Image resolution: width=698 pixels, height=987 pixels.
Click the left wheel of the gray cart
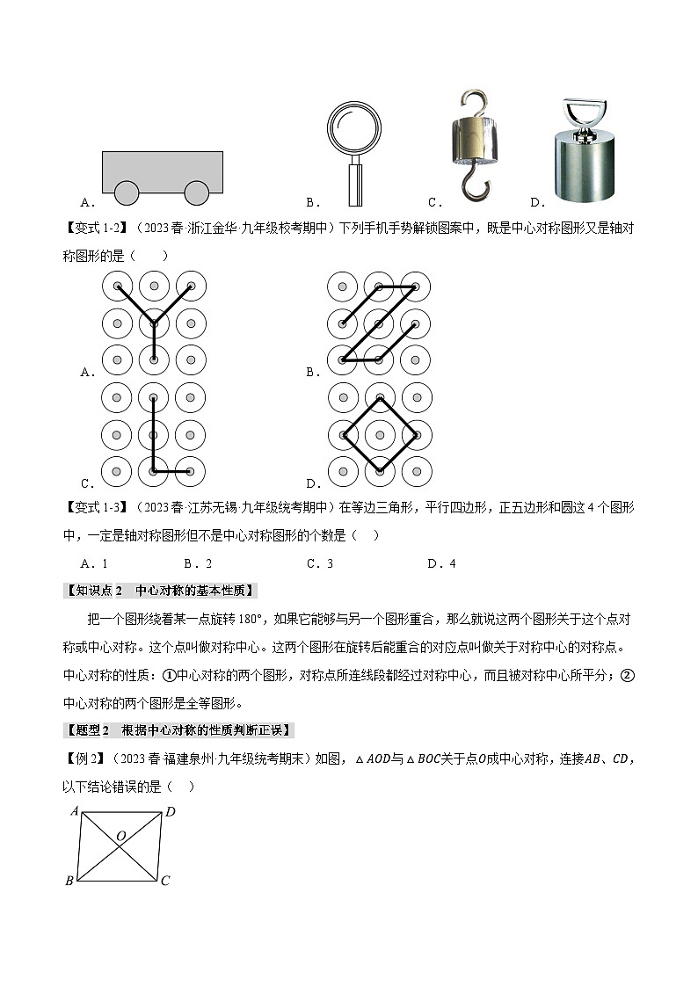(127, 192)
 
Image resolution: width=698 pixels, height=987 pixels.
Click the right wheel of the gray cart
(197, 192)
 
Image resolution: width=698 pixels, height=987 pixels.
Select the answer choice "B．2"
(198, 563)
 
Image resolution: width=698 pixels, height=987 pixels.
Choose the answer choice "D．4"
(441, 563)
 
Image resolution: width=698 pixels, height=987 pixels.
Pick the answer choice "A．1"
(94, 563)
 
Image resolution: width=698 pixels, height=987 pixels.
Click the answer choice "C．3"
(320, 563)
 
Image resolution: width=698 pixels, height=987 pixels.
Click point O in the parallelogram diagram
(120, 837)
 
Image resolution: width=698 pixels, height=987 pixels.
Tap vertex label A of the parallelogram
(75, 811)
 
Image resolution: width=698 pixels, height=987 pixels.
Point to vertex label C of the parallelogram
(165, 881)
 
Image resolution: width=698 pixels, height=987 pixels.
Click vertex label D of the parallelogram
(171, 811)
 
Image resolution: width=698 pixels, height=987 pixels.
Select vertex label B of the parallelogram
(69, 881)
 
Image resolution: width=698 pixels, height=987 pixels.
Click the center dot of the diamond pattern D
(379, 434)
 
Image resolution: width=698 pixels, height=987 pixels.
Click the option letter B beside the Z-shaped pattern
(311, 372)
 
